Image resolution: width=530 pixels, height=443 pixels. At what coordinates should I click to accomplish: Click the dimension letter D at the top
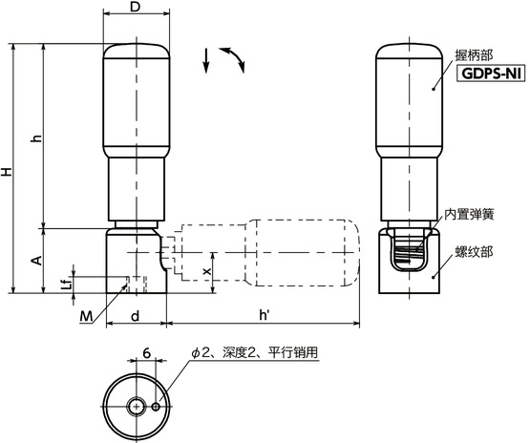(x=136, y=8)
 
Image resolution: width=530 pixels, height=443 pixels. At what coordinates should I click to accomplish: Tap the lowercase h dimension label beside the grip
(x=37, y=138)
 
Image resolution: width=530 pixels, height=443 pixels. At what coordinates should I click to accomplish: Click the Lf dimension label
(x=65, y=284)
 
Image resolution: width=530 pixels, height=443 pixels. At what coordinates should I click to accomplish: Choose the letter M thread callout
(x=87, y=316)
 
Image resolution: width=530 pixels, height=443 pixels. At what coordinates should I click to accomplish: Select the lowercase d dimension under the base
(x=136, y=315)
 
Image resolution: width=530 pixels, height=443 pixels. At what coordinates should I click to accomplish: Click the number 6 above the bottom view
(x=146, y=352)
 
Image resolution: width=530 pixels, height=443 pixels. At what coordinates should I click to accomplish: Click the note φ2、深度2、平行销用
(x=254, y=352)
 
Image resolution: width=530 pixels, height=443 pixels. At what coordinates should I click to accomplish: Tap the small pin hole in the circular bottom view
(x=156, y=407)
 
